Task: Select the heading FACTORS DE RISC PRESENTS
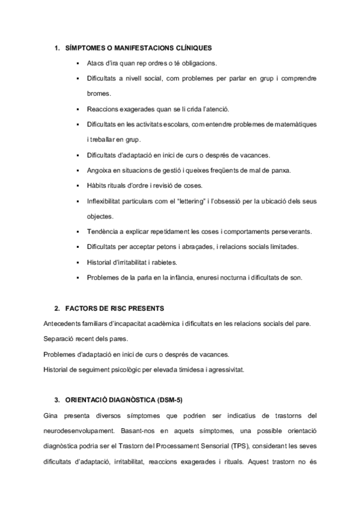(x=114, y=309)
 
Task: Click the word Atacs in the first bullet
(x=96, y=63)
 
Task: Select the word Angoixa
(x=100, y=170)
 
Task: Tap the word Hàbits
(x=97, y=185)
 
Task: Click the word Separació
(x=59, y=339)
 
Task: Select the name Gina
(x=51, y=415)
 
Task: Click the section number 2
(x=56, y=309)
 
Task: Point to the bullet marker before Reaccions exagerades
(x=79, y=109)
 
